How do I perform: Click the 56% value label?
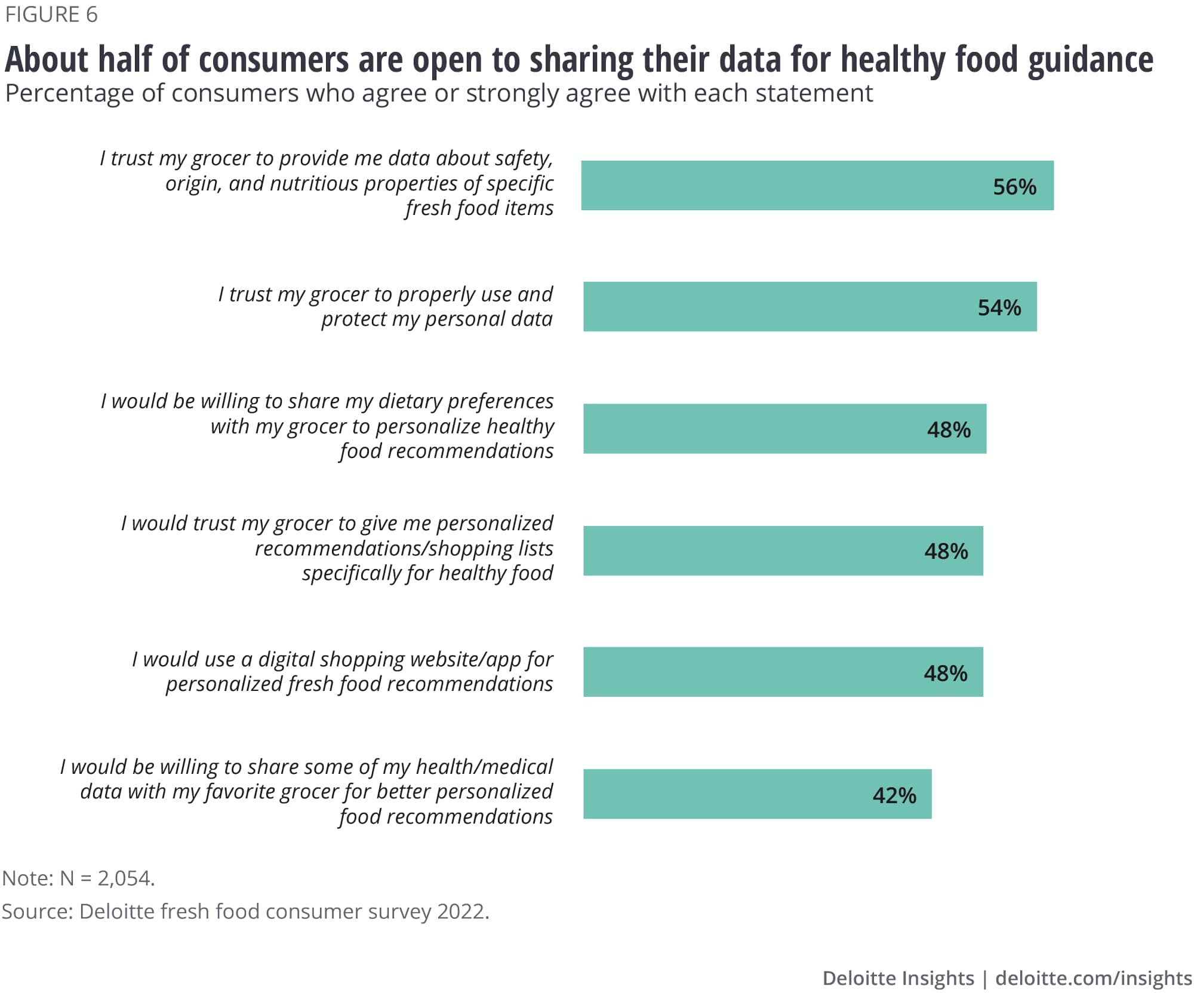point(1014,187)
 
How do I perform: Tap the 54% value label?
point(999,308)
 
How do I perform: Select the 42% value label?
point(894,795)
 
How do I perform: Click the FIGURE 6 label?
point(51,14)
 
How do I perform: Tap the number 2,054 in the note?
point(125,878)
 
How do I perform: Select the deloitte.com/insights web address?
point(1093,977)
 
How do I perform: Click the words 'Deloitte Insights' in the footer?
point(897,977)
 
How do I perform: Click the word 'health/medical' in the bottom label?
point(484,767)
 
